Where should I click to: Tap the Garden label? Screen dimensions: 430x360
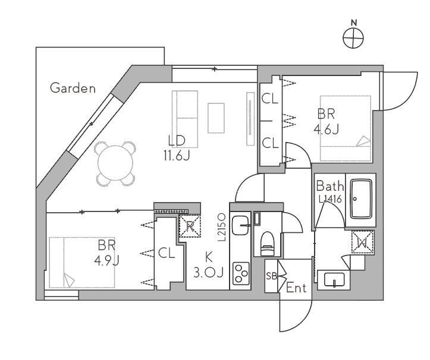point(73,89)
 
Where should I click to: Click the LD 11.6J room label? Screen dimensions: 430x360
point(177,149)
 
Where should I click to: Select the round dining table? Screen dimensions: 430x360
point(115,163)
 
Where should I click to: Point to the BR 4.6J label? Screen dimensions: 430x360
point(327,121)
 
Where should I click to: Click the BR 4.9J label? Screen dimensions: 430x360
point(106,252)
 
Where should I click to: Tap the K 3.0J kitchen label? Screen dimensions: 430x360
point(209,265)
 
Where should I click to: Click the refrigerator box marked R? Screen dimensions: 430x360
point(190,226)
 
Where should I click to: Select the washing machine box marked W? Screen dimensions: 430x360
point(363,242)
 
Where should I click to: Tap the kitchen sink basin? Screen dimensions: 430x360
point(240,225)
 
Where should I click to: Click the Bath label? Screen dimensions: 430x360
point(330,187)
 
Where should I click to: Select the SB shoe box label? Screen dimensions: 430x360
point(271,276)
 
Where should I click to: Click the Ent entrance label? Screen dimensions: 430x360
point(296,288)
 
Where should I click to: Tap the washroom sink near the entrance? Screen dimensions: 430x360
point(334,280)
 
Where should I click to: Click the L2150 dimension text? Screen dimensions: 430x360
point(222,228)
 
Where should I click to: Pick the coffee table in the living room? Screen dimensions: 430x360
point(216,118)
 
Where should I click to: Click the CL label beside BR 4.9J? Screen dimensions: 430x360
point(167,254)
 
